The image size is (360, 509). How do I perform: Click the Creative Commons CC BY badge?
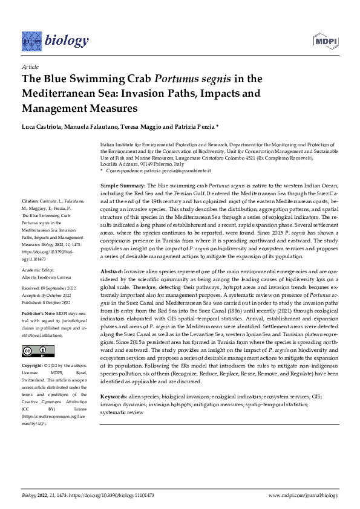pyautogui.click(x=34, y=352)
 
